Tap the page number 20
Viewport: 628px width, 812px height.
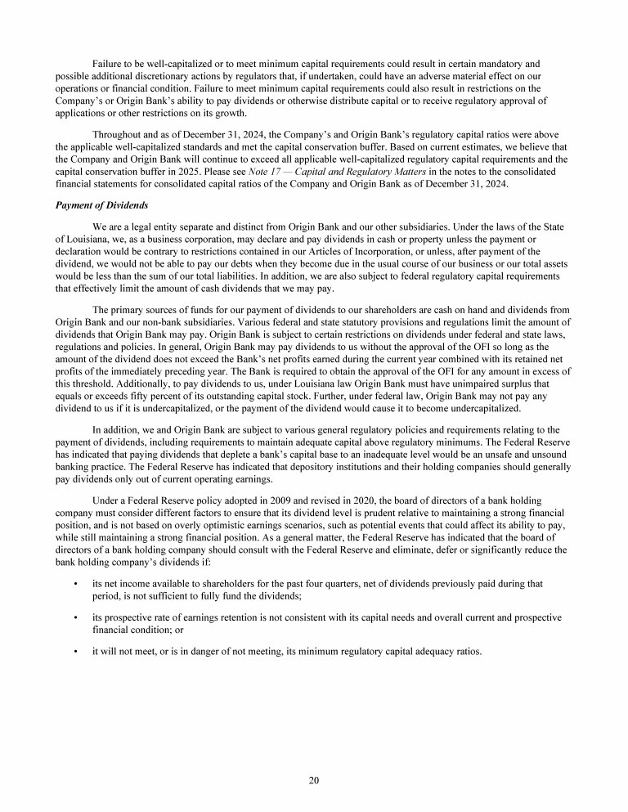pyautogui.click(x=314, y=780)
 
